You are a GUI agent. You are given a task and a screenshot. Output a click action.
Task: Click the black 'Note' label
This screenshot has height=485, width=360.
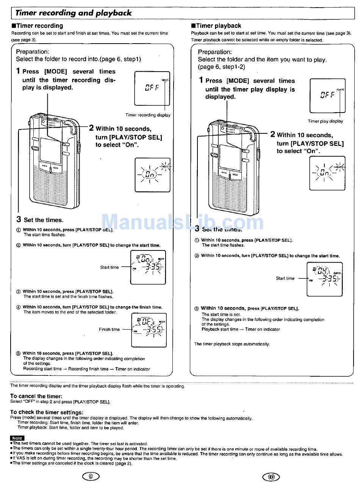(x=17, y=438)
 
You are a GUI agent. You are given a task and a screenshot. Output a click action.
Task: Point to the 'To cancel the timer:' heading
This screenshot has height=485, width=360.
(x=36, y=396)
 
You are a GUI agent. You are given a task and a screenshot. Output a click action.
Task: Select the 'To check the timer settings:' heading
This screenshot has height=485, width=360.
(x=47, y=412)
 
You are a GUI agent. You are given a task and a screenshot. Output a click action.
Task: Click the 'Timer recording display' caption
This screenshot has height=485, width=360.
(x=148, y=115)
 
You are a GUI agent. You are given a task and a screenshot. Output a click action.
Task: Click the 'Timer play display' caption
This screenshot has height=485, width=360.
(x=325, y=121)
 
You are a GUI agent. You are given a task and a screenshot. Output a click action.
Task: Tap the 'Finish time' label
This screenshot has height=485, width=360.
(x=109, y=330)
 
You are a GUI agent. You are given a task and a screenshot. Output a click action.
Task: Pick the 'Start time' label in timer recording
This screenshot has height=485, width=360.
(x=109, y=268)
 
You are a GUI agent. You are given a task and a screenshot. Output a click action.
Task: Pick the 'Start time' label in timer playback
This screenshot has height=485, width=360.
(x=285, y=278)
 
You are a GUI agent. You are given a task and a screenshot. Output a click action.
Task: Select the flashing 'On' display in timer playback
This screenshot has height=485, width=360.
(x=327, y=173)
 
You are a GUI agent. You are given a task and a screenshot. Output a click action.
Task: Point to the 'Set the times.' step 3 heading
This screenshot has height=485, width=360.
(x=43, y=220)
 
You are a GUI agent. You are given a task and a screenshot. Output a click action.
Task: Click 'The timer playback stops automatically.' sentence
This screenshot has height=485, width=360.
(x=232, y=344)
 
